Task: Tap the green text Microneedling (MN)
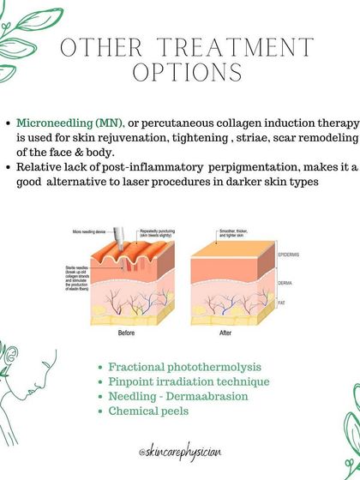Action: pyautogui.click(x=69, y=123)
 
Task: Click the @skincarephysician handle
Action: pyautogui.click(x=180, y=448)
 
